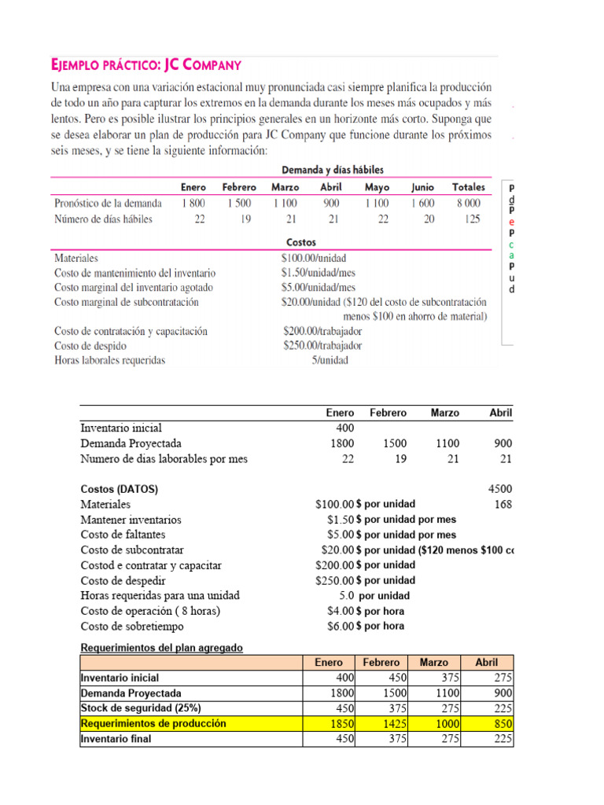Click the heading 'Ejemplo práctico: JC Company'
coord(145,64)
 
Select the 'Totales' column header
coord(469,187)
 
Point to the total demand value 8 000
coord(469,203)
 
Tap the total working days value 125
coord(472,219)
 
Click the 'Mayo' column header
coord(377,187)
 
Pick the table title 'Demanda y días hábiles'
coord(333,170)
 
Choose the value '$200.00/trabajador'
coord(322,331)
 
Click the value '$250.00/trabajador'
coord(322,345)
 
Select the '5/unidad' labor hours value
coord(330,361)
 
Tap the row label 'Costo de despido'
coord(90,345)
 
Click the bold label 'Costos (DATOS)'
coord(120,489)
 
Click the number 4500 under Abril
coord(500,489)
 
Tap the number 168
coord(503,504)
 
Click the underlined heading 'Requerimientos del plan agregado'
coord(162,648)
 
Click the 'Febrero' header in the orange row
coord(381,663)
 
